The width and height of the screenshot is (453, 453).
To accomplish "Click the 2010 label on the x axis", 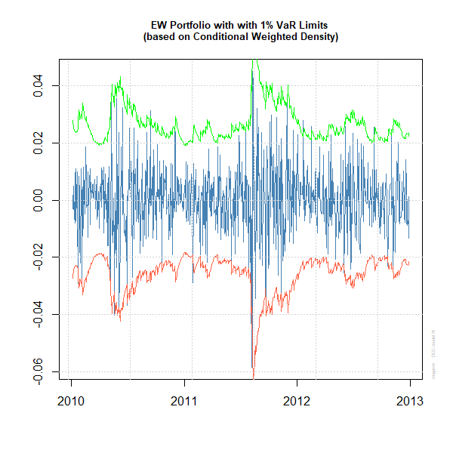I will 71,400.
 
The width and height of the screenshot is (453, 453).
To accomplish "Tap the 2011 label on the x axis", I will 184,400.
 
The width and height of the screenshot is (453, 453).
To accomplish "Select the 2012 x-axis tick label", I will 297,400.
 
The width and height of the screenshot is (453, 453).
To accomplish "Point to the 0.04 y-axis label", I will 39,86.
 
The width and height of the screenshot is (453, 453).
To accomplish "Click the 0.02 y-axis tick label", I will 39,143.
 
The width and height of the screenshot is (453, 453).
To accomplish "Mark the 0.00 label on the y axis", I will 39,201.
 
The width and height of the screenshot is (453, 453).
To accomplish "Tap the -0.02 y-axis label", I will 39,258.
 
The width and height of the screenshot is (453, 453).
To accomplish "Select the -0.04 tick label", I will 39,315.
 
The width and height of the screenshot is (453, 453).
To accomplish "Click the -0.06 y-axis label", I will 39,371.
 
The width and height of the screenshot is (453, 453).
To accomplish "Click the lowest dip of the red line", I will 254,376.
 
